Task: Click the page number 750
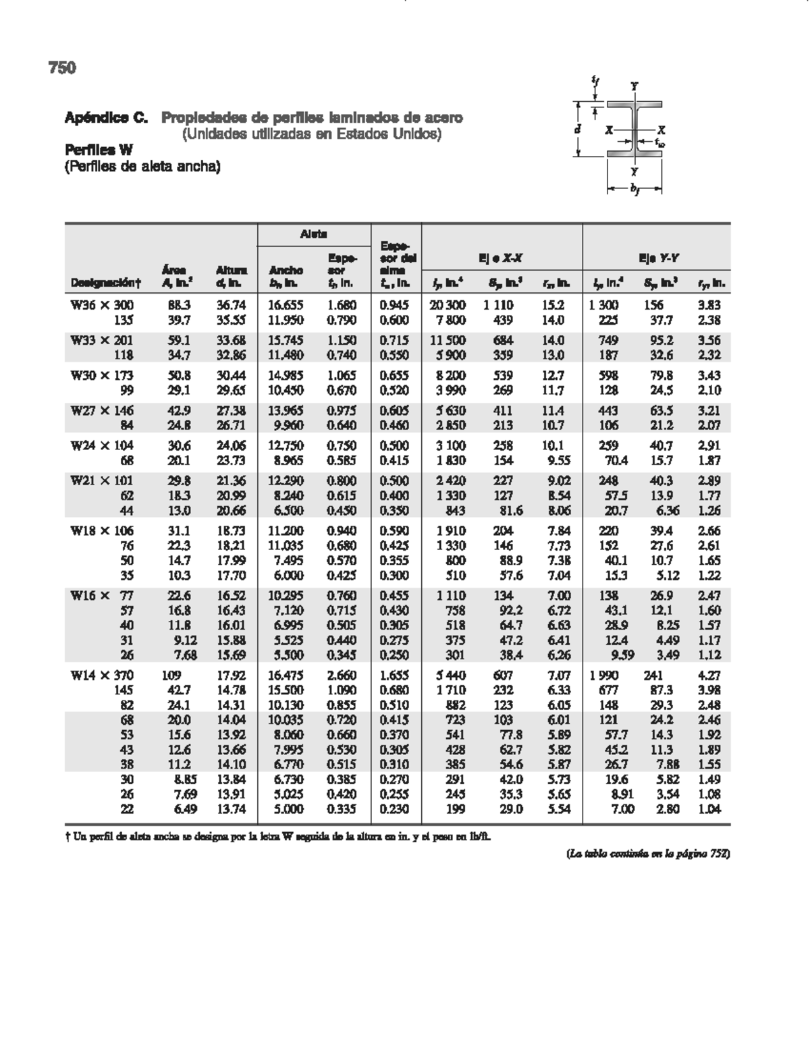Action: click(62, 67)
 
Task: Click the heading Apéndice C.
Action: click(106, 118)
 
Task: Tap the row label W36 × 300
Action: click(102, 305)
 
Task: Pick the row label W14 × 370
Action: click(102, 675)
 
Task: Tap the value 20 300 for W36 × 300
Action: click(448, 305)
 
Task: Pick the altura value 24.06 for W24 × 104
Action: click(231, 445)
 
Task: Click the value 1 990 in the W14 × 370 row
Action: click(603, 675)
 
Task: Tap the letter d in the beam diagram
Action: click(578, 128)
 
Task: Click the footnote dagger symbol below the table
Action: click(68, 837)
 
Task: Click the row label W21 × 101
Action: click(102, 480)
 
